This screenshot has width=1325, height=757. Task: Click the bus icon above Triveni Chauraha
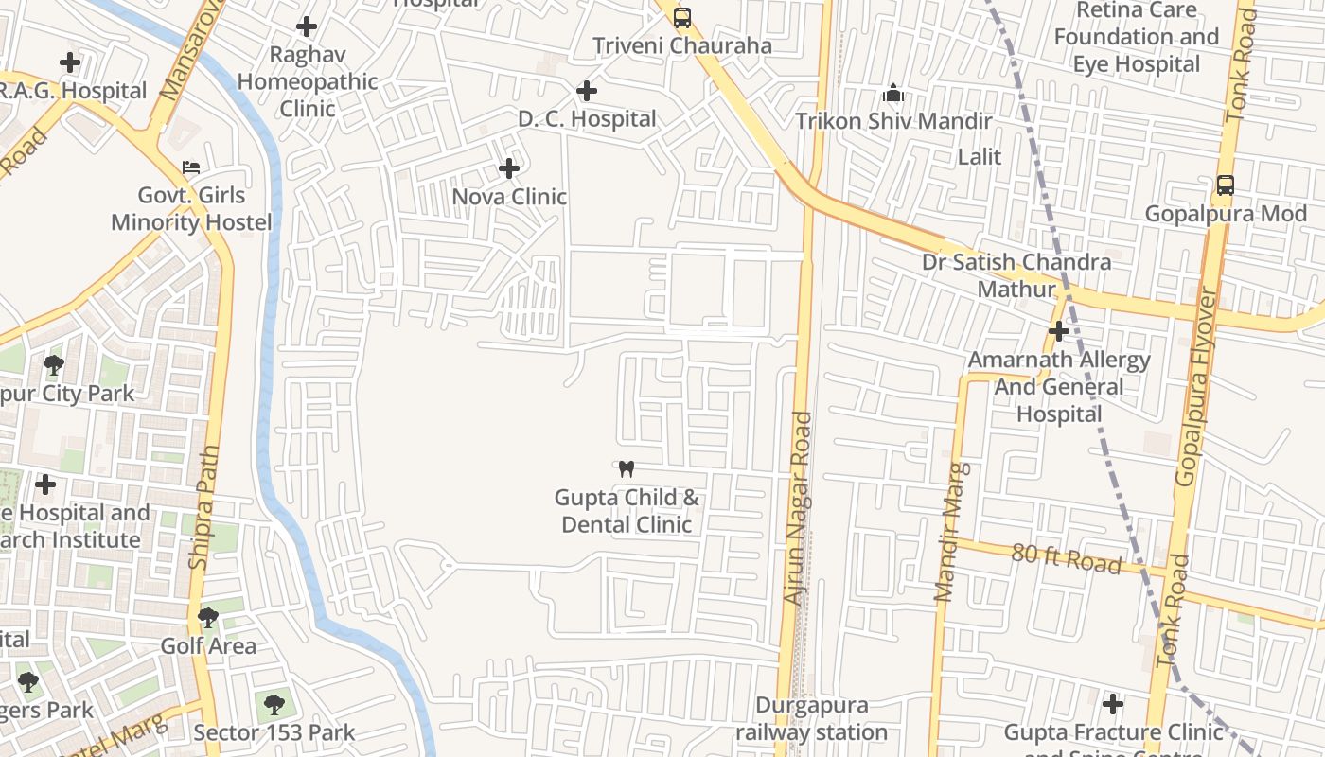[681, 17]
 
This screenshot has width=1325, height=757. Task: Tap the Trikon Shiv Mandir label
[893, 121]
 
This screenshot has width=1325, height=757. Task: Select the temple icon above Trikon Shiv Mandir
[893, 93]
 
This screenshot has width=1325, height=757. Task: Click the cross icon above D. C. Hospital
[587, 91]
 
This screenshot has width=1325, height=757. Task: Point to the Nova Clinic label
[509, 197]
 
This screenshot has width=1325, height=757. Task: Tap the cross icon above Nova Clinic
[509, 168]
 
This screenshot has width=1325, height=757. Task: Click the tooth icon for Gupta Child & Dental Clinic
[626, 468]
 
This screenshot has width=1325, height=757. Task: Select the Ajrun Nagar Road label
[798, 508]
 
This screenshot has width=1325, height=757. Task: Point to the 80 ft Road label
[1066, 557]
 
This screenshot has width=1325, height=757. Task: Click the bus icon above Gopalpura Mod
[1226, 185]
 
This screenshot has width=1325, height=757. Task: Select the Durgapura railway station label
[811, 719]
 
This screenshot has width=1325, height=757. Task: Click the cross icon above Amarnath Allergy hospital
[1059, 331]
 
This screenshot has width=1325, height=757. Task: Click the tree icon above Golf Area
[208, 618]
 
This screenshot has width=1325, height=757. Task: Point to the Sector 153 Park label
[274, 732]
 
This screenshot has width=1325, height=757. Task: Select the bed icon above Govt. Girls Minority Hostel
[191, 167]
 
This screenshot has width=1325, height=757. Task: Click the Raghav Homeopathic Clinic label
[307, 81]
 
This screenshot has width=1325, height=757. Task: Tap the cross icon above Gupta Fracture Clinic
[1113, 704]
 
